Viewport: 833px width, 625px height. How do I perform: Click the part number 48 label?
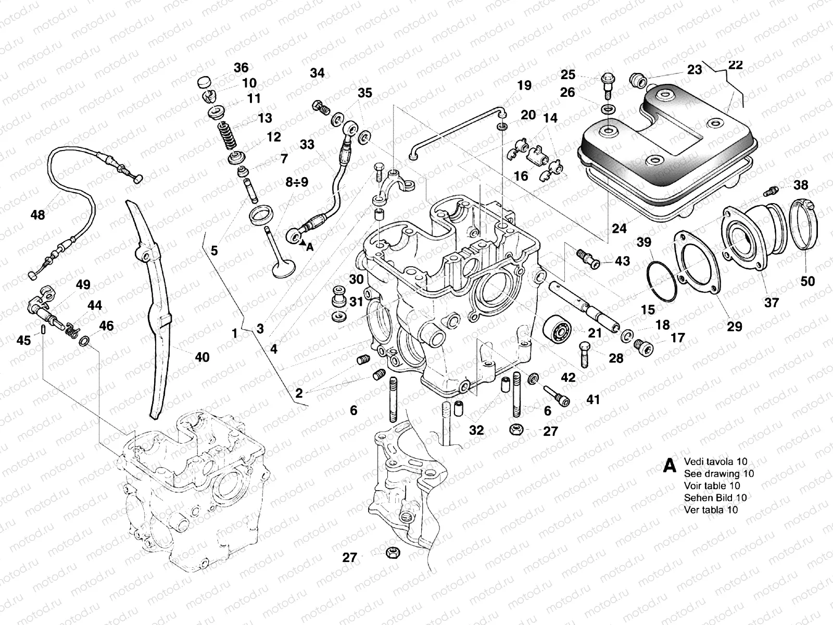[x=38, y=215]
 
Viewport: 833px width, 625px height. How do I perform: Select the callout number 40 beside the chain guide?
[x=202, y=357]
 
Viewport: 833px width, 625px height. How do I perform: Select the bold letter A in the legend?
[x=670, y=466]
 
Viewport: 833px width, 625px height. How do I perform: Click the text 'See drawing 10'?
[x=718, y=473]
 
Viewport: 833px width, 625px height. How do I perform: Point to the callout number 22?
[x=735, y=65]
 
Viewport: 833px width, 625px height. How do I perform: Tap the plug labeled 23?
[x=638, y=80]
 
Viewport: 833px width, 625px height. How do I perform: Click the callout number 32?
[x=476, y=430]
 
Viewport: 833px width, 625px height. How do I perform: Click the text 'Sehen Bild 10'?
[x=715, y=498]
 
